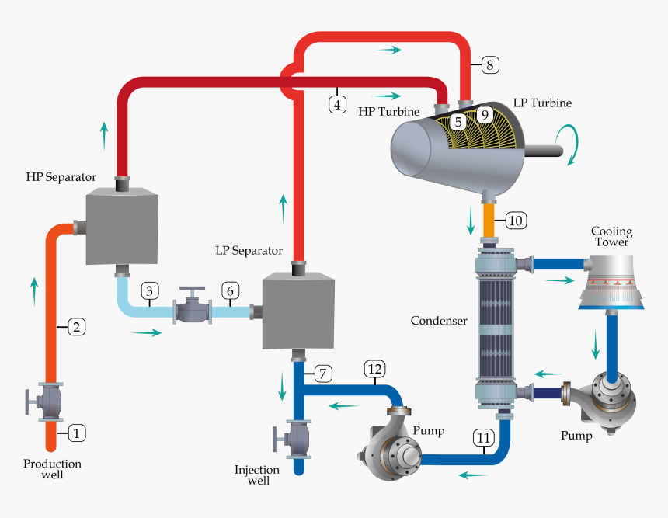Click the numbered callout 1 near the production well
pyautogui.click(x=75, y=433)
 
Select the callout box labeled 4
pyautogui.click(x=337, y=104)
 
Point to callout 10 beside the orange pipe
pyautogui.click(x=515, y=221)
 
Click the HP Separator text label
pyautogui.click(x=61, y=177)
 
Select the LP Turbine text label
pyautogui.click(x=542, y=103)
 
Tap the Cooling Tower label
pyautogui.click(x=611, y=236)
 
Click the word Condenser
pyautogui.click(x=439, y=321)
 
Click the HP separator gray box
pyautogui.click(x=121, y=228)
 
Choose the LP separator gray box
pyautogui.click(x=298, y=311)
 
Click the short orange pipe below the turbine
pyautogui.click(x=490, y=220)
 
